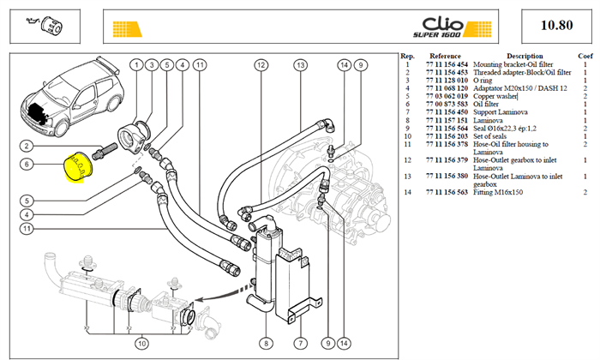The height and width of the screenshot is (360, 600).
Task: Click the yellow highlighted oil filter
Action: (x=79, y=166)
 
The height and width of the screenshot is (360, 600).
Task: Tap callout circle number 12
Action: (x=261, y=65)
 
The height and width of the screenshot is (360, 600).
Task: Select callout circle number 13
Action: (x=301, y=65)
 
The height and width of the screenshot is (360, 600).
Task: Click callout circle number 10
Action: (x=142, y=343)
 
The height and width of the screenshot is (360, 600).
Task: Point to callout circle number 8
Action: (x=266, y=343)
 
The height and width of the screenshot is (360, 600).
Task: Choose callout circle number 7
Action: (x=300, y=343)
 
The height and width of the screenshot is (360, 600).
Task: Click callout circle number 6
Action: (x=27, y=164)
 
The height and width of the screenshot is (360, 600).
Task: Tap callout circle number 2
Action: (x=27, y=146)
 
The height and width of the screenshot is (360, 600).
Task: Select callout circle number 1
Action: (x=136, y=65)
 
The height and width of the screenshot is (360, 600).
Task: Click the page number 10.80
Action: (x=557, y=25)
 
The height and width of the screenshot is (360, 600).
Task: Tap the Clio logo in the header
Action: (x=442, y=27)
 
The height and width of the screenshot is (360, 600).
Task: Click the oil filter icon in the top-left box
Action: (x=45, y=25)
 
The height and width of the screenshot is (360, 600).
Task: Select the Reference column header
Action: (x=445, y=57)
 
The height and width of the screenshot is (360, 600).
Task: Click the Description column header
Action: (x=525, y=57)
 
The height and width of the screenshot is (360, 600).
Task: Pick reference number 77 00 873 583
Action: (x=447, y=104)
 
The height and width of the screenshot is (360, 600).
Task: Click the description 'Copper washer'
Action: (x=495, y=96)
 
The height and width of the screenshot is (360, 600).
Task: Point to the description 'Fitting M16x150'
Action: (x=498, y=192)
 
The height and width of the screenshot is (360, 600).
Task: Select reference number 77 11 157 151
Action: (x=447, y=120)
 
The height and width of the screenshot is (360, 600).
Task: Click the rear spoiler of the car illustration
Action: (x=108, y=65)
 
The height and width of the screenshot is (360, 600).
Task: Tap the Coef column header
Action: (x=585, y=57)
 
